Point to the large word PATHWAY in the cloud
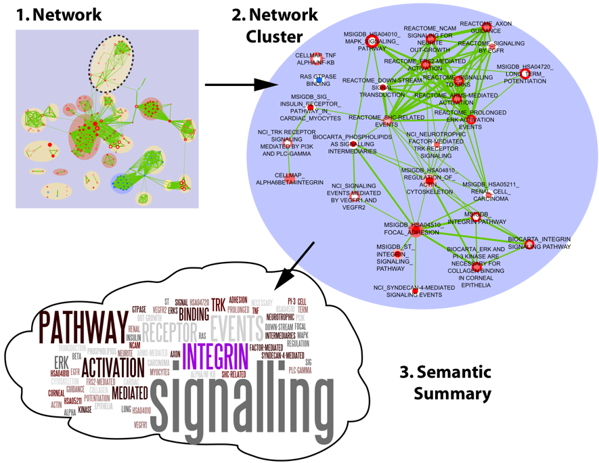pyautogui.click(x=83, y=328)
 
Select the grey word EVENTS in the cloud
pyautogui.click(x=236, y=328)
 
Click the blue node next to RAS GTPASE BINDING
pyautogui.click(x=319, y=80)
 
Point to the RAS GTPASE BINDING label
pyautogui.click(x=318, y=81)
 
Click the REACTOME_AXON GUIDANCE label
pyautogui.click(x=485, y=27)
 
